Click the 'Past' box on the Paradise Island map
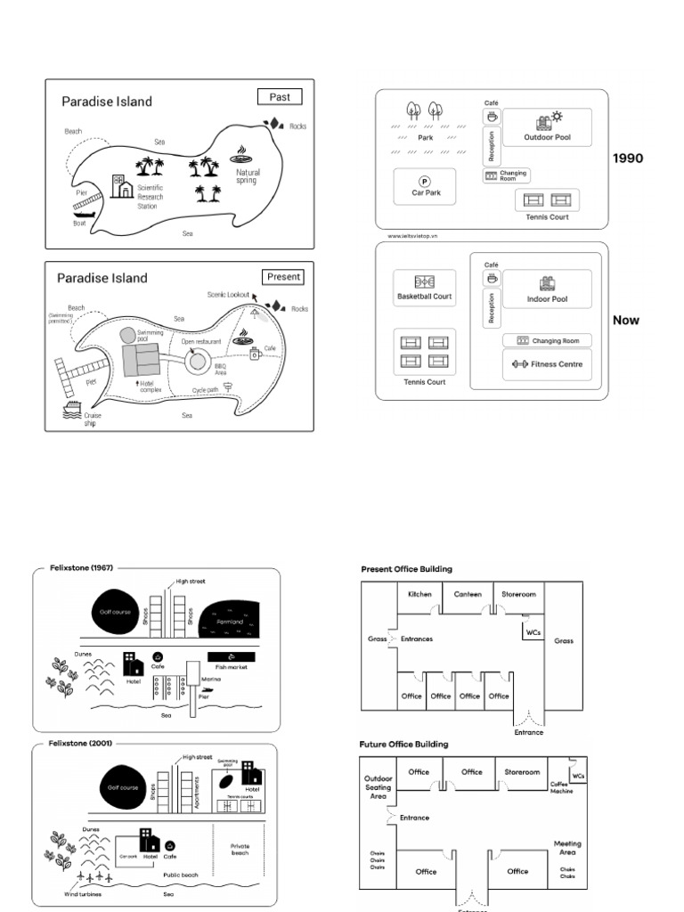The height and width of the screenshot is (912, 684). pyautogui.click(x=280, y=97)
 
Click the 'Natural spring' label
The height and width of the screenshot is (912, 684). pyautogui.click(x=246, y=176)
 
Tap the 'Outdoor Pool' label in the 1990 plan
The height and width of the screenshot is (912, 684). pyautogui.click(x=548, y=138)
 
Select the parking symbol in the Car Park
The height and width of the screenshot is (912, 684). pyautogui.click(x=425, y=181)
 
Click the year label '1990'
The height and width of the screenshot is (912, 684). pyautogui.click(x=628, y=159)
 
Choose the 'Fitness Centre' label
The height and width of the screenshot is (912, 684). pyautogui.click(x=557, y=364)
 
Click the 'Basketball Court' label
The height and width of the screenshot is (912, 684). pyautogui.click(x=425, y=297)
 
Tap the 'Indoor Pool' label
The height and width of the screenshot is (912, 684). pyautogui.click(x=547, y=299)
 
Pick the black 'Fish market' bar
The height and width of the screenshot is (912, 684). pyautogui.click(x=231, y=656)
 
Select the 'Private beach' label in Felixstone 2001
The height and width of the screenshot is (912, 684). pyautogui.click(x=240, y=849)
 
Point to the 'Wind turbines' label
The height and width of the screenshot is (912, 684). pyautogui.click(x=83, y=893)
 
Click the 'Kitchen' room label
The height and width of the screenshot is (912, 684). pyautogui.click(x=419, y=594)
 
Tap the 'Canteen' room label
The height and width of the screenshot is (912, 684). pyautogui.click(x=468, y=594)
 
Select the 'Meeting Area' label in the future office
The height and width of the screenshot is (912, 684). pyautogui.click(x=567, y=848)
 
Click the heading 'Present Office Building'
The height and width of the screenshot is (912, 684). pyautogui.click(x=406, y=568)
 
